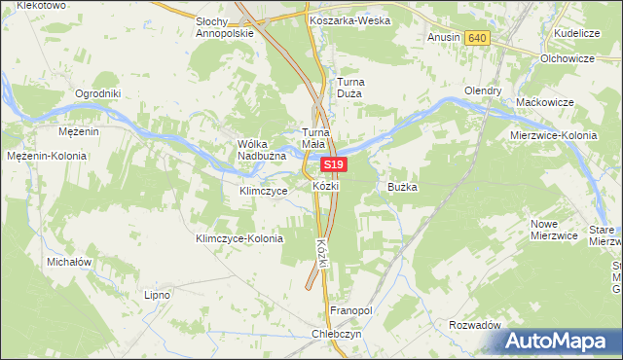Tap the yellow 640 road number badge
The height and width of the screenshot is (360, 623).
(476, 38)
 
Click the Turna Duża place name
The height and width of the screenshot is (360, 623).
(349, 89)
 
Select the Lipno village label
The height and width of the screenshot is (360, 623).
(157, 294)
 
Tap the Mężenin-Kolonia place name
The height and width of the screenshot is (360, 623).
(47, 156)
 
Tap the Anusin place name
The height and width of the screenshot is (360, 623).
(443, 38)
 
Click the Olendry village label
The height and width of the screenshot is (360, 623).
(483, 90)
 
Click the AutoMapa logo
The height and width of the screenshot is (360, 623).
(559, 341)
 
